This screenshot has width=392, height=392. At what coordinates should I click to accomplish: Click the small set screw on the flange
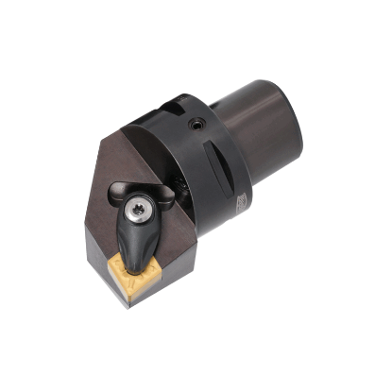click(197, 124)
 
